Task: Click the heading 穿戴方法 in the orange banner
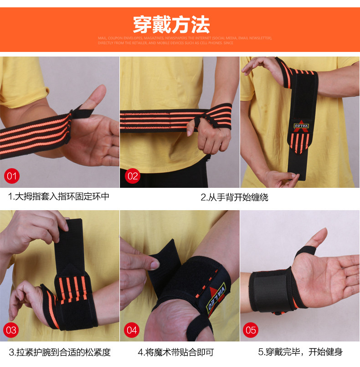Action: (171, 23)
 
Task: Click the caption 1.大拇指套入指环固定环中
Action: (59, 197)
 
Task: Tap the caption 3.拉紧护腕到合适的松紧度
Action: (60, 352)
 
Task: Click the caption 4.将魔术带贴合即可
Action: (176, 352)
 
